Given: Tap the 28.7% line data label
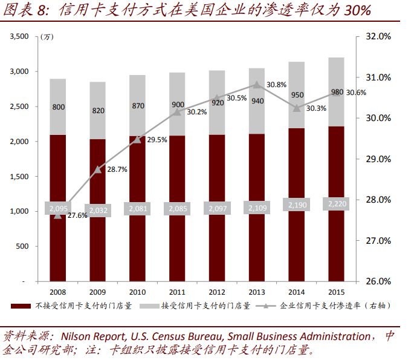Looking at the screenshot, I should click(x=117, y=170).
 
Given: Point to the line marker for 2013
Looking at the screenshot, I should click(x=257, y=85).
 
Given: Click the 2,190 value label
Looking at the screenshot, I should click(x=297, y=206).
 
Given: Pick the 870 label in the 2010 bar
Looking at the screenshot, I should click(x=138, y=105).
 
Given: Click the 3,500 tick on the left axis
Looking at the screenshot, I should click(x=20, y=37).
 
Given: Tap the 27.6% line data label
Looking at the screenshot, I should click(x=77, y=215).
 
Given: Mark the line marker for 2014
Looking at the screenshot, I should click(x=297, y=107).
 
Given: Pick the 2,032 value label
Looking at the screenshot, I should click(x=98, y=210).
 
